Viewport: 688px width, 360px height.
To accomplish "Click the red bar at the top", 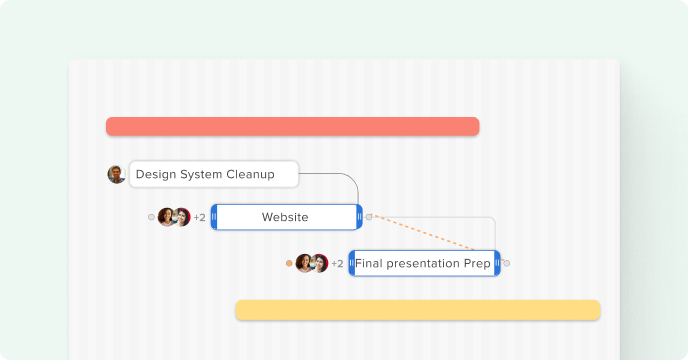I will pos(292,126).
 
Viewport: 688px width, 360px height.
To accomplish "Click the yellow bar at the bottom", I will pos(417,310).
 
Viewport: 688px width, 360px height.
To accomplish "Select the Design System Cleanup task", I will pos(214,174).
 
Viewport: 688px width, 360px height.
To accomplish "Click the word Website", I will pos(285,217).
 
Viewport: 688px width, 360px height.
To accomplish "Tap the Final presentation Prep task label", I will pos(423,264).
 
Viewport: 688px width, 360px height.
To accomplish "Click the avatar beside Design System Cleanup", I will pos(116,174).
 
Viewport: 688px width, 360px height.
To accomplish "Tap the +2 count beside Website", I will pos(199,217).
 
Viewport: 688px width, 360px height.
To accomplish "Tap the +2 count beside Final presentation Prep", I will pos(337,264).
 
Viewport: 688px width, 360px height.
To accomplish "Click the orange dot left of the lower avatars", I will pos(289,263).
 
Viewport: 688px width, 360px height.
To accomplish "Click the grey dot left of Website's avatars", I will pos(151,216).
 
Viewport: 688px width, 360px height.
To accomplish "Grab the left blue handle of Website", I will pos(214,217).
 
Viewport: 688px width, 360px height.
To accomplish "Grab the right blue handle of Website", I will pos(359,217).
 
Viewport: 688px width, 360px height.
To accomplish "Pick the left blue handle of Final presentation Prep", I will pos(352,264).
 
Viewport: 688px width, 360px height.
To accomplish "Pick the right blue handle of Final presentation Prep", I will pos(497,264).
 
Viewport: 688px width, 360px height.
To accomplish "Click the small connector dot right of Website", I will pos(369,216).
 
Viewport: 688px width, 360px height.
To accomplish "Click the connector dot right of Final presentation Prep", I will pos(507,263).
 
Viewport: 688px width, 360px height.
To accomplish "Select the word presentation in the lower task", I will pos(425,264).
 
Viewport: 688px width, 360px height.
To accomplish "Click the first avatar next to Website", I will pos(166,217).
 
